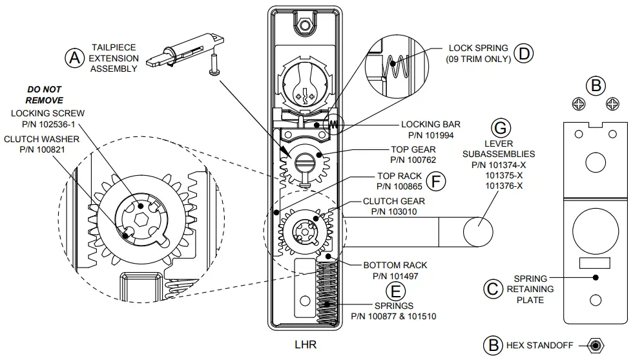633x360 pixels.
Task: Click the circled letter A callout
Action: pyautogui.click(x=75, y=58)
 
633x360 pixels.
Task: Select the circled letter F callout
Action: pyautogui.click(x=437, y=181)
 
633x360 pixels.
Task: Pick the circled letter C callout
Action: pyautogui.click(x=493, y=289)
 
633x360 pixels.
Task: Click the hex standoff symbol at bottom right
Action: pyautogui.click(x=595, y=344)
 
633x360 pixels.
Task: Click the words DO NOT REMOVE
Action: pyautogui.click(x=45, y=95)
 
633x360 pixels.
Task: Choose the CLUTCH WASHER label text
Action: pyautogui.click(x=41, y=139)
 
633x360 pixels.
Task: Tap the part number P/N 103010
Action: pyautogui.click(x=393, y=211)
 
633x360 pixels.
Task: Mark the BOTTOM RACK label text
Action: pyautogui.click(x=395, y=265)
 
